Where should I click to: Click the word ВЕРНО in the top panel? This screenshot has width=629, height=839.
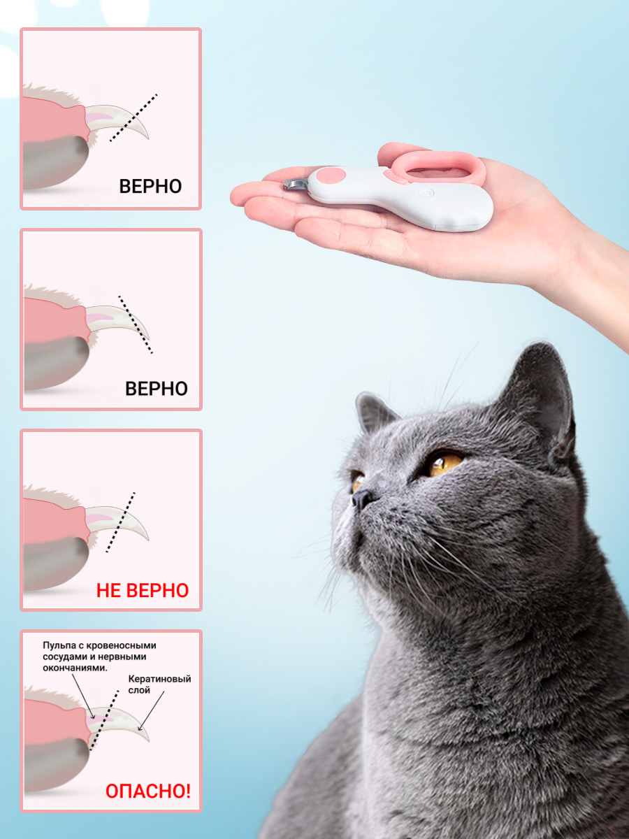[150, 187]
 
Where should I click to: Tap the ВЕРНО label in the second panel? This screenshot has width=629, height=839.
[156, 389]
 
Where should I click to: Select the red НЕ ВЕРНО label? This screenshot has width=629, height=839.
[143, 591]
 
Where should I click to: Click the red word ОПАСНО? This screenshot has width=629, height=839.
[147, 791]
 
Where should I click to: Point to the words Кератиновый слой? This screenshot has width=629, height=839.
[159, 684]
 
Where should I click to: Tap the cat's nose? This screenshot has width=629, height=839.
[362, 499]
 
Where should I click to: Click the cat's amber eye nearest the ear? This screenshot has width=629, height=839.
[445, 464]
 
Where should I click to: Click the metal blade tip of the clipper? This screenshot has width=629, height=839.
[295, 185]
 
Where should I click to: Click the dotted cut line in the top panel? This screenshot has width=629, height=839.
[133, 117]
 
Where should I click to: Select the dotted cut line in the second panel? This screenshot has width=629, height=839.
[135, 324]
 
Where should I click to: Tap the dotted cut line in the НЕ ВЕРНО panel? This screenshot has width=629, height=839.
[120, 522]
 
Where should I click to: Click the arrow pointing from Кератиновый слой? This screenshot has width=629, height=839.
[151, 710]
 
